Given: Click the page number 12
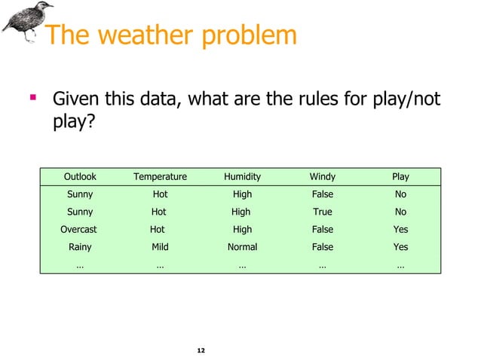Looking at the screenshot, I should tap(201, 351).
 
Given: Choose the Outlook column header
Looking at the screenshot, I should tap(80, 177).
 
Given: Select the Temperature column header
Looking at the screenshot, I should tap(160, 177).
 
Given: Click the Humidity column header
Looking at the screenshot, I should tap(242, 177).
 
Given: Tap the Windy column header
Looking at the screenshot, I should tap(322, 177).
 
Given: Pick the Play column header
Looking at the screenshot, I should tap(400, 177).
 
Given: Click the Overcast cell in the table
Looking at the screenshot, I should tap(78, 230).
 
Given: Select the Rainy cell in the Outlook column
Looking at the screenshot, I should tap(80, 247).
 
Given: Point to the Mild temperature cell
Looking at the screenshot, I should tap(160, 247).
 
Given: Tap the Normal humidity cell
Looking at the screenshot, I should tap(242, 247).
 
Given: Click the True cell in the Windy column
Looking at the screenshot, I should tap(322, 212).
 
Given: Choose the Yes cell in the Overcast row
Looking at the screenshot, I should tap(400, 230).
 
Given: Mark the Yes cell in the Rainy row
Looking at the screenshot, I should tap(400, 247).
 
